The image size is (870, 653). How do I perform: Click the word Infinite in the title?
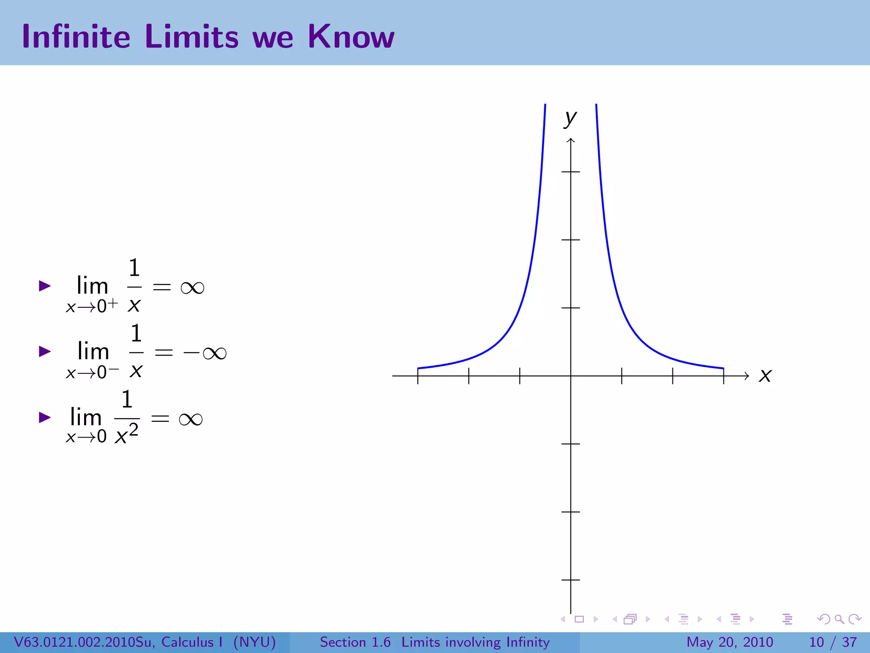click(76, 37)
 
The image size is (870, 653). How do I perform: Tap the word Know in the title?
click(351, 37)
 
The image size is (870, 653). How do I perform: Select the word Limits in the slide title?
click(192, 37)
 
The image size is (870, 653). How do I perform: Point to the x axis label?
click(765, 375)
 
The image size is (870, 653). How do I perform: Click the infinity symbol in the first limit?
click(192, 288)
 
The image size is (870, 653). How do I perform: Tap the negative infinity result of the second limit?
click(205, 353)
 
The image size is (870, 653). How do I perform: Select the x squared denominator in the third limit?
click(127, 434)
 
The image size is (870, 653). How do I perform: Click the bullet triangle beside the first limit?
click(45, 286)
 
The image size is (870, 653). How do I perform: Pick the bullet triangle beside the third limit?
click(45, 417)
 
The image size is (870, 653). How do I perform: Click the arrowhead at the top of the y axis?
click(571, 140)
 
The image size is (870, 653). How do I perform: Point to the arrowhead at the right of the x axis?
click(746, 376)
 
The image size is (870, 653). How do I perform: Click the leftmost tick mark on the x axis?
click(418, 376)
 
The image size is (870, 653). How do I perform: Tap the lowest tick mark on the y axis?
click(571, 579)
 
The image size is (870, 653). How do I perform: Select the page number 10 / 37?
click(833, 642)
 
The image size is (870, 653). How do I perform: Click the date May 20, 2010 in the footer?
click(730, 642)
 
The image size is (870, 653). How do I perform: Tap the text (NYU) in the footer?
click(254, 642)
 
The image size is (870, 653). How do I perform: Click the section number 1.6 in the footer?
click(381, 642)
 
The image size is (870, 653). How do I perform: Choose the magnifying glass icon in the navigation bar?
click(839, 619)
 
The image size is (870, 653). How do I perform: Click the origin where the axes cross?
click(571, 376)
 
